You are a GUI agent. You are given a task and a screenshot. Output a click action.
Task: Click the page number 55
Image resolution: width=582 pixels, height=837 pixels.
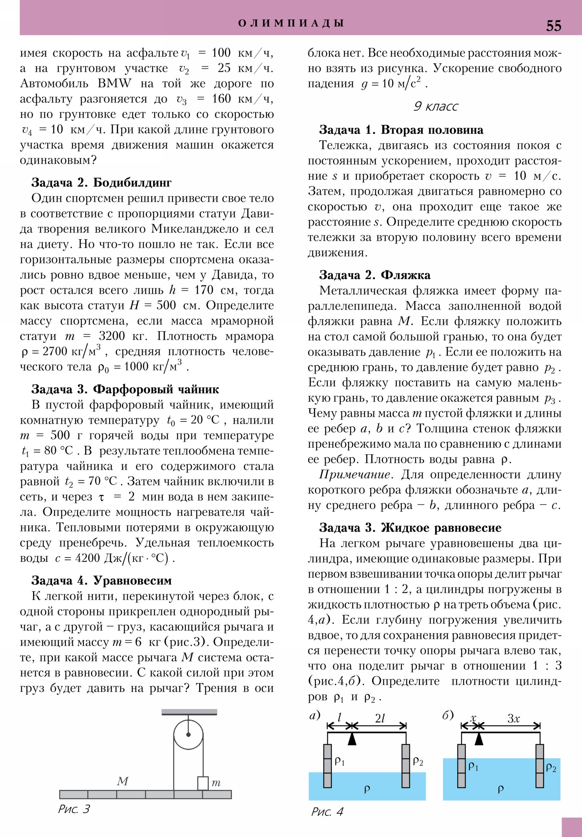553,26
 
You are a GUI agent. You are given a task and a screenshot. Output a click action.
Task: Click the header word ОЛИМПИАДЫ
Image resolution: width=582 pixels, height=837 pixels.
291,23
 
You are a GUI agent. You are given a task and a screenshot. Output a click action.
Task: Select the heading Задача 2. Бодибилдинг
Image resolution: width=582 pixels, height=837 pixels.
101,182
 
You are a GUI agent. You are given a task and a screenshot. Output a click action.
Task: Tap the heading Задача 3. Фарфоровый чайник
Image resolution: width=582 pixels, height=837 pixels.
125,389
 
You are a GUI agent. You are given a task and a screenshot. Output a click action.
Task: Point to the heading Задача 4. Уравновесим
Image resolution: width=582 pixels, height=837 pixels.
101,580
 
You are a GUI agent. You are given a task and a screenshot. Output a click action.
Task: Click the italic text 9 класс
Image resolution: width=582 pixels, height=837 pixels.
435,106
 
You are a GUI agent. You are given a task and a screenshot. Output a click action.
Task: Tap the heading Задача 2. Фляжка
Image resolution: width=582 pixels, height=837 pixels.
375,275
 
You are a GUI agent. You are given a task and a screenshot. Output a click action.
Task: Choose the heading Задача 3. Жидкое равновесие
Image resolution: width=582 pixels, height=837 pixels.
410,528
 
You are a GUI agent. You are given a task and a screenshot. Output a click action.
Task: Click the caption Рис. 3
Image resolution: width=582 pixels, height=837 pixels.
74,809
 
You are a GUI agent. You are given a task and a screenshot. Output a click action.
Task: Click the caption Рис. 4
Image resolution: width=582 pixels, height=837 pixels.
327,812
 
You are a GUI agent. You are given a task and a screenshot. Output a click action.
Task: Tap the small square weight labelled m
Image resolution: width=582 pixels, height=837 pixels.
203,783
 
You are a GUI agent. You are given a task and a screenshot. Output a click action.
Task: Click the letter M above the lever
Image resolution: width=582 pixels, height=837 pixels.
123,781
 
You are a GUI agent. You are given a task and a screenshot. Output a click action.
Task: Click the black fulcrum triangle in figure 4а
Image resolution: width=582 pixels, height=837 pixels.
352,739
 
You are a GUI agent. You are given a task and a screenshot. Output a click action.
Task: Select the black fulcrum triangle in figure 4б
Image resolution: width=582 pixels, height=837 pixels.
479,739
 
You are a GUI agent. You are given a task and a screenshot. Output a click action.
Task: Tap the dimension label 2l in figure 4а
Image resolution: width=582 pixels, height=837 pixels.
380,718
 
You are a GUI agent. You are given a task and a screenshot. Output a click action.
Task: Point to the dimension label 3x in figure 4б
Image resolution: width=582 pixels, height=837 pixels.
513,718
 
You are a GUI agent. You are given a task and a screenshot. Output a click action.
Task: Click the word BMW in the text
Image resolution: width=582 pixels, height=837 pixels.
115,83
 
